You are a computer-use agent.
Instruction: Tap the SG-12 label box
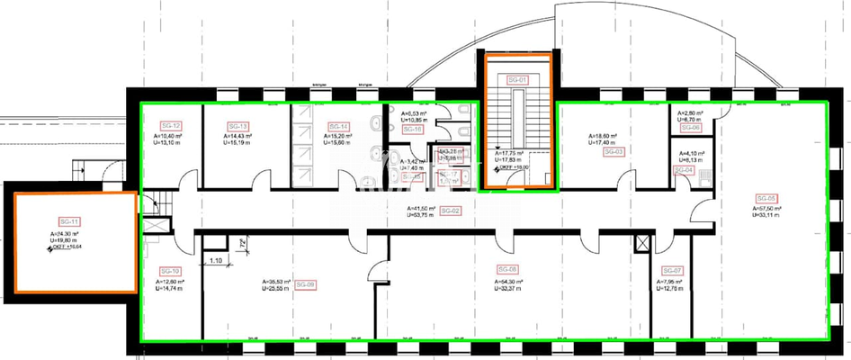tap(171, 126)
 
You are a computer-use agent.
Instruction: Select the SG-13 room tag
tap(238, 126)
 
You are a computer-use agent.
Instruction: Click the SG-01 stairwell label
tap(517, 80)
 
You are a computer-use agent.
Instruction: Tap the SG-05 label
tap(766, 198)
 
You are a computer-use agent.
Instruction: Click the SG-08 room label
tap(507, 269)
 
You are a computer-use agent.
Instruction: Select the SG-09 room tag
tap(305, 285)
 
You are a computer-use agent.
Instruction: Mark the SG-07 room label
tap(672, 271)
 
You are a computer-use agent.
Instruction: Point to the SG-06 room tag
tap(690, 128)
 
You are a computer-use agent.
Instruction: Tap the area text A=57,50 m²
tap(766, 207)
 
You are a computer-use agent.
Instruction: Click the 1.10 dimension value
tap(216, 261)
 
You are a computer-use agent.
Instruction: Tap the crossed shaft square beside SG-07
tap(641, 243)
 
